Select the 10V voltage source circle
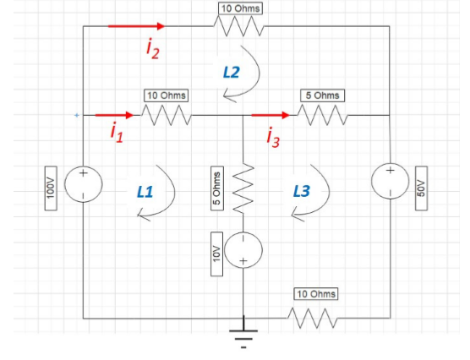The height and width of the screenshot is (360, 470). click(x=243, y=249)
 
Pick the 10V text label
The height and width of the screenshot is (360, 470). click(x=216, y=251)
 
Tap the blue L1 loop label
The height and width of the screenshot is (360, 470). click(x=145, y=192)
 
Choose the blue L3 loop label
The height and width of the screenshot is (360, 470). click(x=301, y=192)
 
